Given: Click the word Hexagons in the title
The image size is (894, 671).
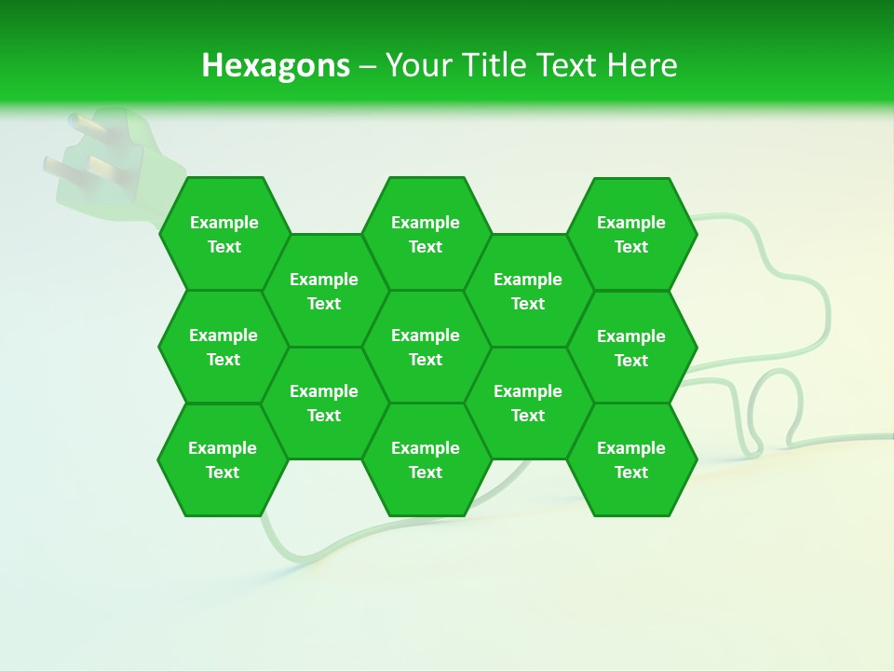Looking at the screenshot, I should point(276,65).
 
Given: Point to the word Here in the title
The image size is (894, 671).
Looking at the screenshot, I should point(642,65).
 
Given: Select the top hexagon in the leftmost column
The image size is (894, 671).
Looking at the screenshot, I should point(223,234).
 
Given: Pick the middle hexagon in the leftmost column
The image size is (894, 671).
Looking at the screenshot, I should point(223,347).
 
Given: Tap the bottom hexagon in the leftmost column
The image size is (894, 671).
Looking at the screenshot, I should point(223,459).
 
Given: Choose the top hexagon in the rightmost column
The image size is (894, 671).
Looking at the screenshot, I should point(631,234).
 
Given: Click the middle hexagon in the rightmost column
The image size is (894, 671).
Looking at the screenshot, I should point(631,348).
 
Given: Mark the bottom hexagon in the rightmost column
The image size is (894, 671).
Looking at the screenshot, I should point(631,459).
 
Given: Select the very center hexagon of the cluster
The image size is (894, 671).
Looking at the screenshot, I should point(426,347).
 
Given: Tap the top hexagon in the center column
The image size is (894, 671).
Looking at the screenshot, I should point(426,234).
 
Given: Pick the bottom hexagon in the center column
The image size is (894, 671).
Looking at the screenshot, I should point(426,459).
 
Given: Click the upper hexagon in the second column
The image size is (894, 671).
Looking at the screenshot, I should point(324,291).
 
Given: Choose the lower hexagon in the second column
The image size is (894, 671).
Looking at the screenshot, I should point(324,403).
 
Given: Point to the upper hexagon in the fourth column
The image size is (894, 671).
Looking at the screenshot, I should point(528,291).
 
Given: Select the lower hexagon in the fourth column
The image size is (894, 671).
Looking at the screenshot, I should point(528,403).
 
